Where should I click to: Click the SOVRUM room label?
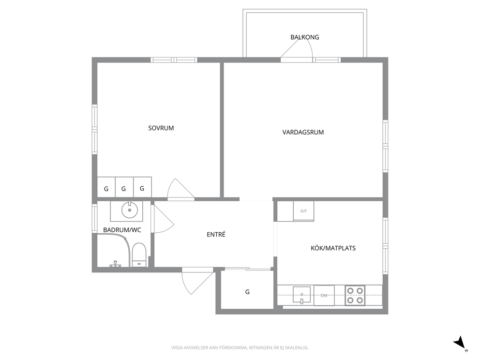161,128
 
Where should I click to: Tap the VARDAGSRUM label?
303,132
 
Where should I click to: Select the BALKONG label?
304,37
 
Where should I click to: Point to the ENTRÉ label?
216,235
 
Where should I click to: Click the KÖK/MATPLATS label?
333,248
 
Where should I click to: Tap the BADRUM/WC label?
122,230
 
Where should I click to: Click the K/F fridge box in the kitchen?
303,211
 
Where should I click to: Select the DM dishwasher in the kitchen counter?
324,296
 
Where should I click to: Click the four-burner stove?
355,296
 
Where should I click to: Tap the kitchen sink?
302,295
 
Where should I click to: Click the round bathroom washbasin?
130,210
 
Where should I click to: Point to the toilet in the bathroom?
139,255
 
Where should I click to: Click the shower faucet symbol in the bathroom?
116,264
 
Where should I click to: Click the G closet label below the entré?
247,292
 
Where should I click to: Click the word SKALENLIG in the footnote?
298,348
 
